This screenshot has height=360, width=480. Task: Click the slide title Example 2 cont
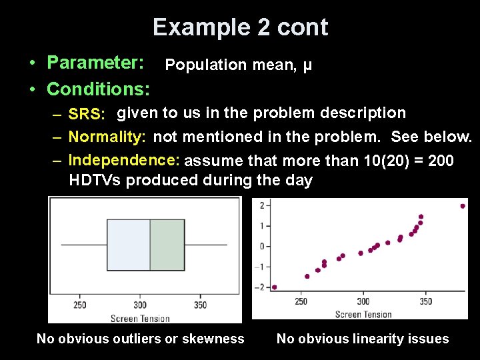(240, 27)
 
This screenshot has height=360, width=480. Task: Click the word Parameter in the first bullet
(95, 63)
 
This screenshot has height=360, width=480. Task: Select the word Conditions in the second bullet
(97, 88)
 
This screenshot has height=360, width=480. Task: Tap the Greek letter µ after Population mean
(307, 65)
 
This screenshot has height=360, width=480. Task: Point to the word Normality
(107, 137)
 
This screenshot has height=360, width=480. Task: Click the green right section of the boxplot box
(167, 245)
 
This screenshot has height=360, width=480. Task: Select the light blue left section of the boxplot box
(128, 245)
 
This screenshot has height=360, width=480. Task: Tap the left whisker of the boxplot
(84, 245)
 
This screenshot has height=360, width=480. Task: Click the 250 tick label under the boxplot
(79, 305)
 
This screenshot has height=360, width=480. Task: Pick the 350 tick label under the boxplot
(200, 305)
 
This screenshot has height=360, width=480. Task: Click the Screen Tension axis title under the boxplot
(140, 318)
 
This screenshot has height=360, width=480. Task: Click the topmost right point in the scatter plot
(463, 206)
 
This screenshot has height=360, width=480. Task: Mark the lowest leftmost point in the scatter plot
(274, 287)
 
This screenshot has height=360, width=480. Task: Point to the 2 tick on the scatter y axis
(262, 205)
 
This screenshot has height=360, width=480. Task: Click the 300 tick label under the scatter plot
(363, 301)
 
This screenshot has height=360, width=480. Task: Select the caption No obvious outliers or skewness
(140, 339)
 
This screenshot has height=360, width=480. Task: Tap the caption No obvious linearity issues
(363, 339)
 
